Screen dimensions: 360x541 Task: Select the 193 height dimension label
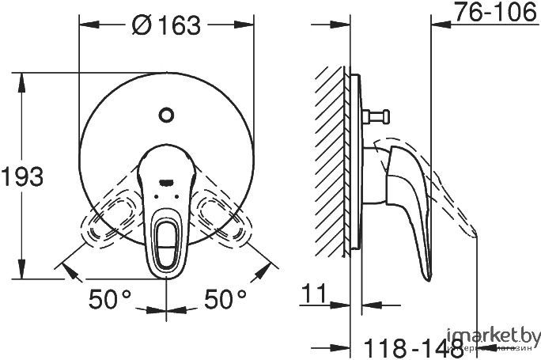pyautogui.click(x=22, y=176)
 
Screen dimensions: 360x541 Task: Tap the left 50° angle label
pyautogui.click(x=110, y=300)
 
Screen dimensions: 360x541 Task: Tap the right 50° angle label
pyautogui.click(x=225, y=300)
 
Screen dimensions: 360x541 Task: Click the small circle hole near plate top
pyautogui.click(x=165, y=116)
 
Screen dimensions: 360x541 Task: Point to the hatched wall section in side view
pyautogui.click(x=330, y=158)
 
